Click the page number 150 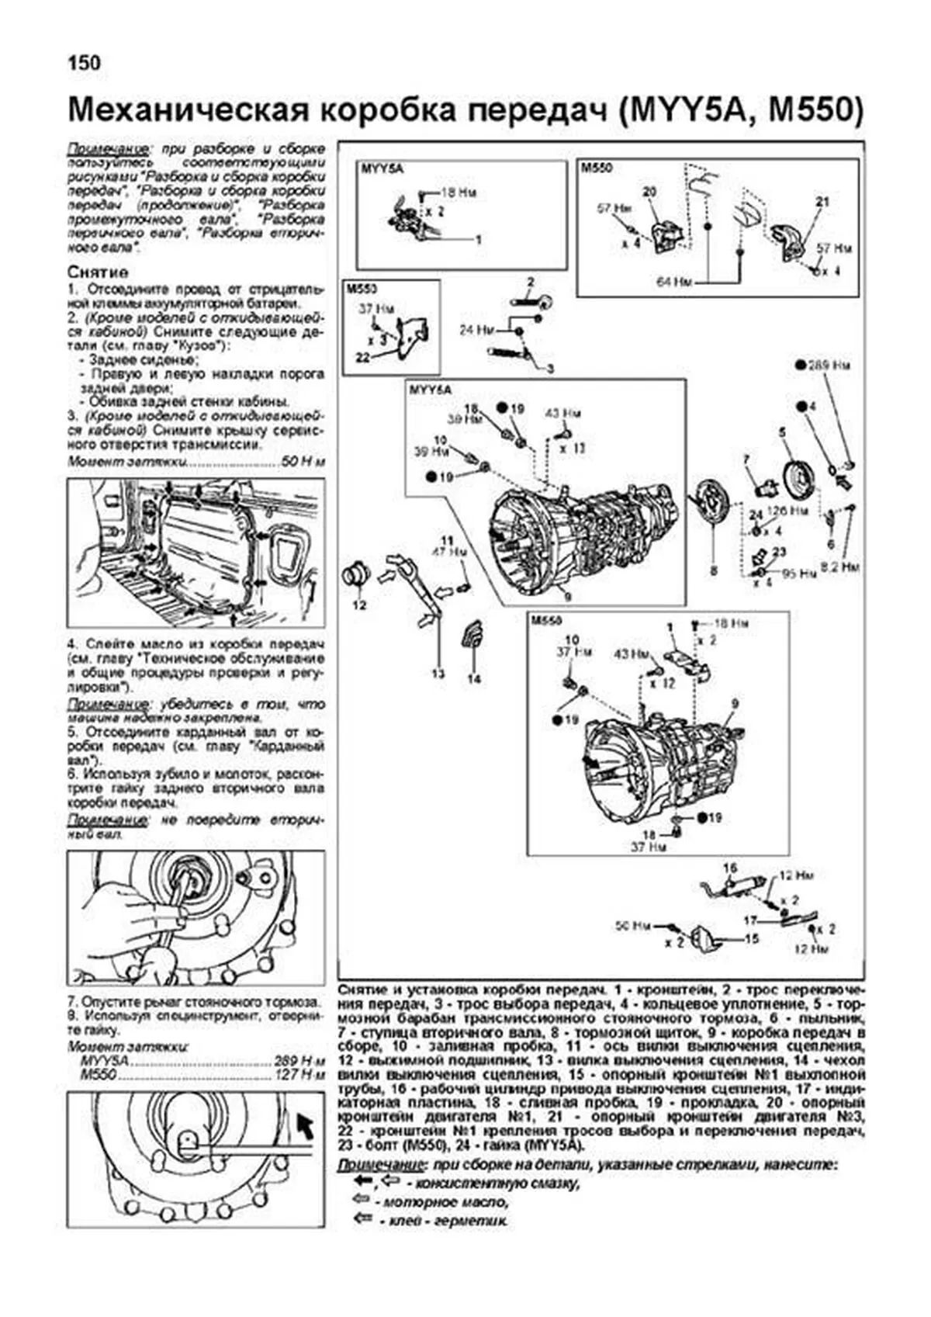click(85, 63)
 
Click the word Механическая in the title click(186, 111)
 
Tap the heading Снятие click(98, 272)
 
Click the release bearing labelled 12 click(357, 577)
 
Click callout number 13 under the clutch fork click(438, 673)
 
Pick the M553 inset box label click(362, 289)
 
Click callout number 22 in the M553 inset click(362, 358)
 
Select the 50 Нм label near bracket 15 click(632, 925)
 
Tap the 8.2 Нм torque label click(841, 567)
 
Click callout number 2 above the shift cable click(531, 282)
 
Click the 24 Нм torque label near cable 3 click(476, 330)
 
